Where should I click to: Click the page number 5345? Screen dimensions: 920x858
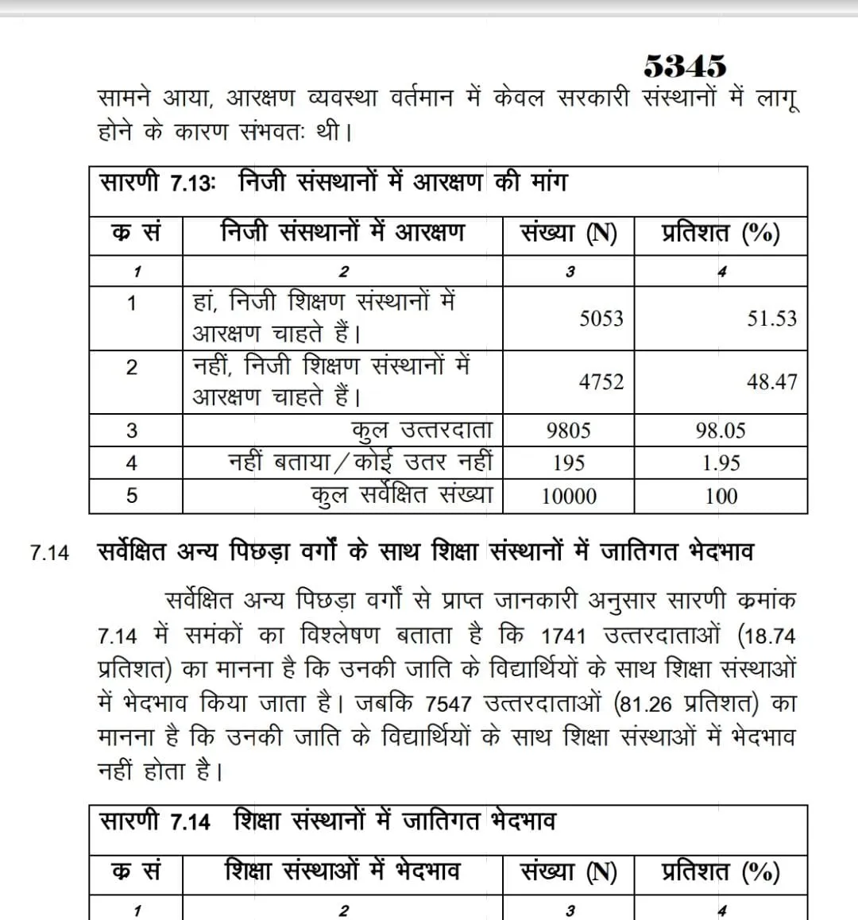684,66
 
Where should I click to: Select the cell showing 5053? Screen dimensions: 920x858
601,319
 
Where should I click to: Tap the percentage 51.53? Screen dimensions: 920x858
771,319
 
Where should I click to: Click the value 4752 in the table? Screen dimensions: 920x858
601,382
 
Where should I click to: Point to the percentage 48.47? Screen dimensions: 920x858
771,382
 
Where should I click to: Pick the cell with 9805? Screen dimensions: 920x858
568,431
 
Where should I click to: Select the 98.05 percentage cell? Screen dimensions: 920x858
721,431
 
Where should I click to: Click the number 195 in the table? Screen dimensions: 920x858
568,463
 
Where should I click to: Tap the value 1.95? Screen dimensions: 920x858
721,463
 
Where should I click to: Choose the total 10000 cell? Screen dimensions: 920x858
568,497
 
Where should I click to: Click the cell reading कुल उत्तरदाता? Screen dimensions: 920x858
422,431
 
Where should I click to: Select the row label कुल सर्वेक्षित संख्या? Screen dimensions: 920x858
402,496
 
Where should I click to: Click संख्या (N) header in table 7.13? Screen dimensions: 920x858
568,234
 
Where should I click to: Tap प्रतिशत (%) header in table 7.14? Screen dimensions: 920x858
721,872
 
